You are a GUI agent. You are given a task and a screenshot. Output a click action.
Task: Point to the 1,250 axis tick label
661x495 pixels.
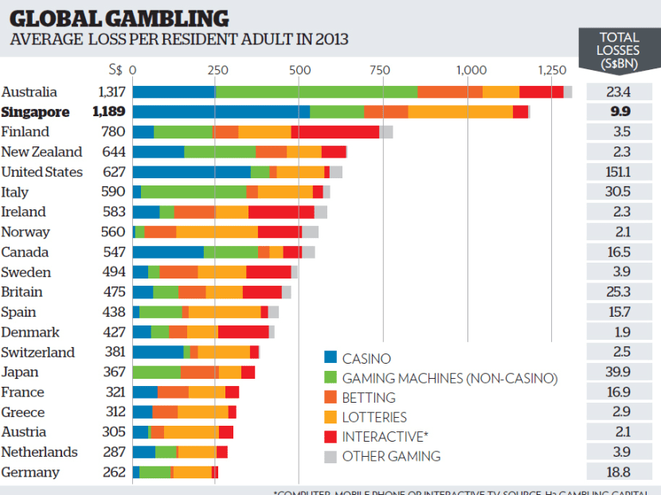pos(550,70)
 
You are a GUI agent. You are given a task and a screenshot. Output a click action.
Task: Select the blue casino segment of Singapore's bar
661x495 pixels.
pos(221,111)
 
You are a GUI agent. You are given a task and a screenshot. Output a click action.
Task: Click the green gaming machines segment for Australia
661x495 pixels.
pos(316,92)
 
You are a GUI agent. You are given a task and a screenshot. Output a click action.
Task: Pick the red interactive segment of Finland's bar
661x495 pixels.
pos(334,132)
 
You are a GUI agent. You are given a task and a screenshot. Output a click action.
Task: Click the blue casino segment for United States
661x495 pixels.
pos(191,172)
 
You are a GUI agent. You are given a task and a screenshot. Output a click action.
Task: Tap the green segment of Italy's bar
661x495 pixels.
pos(194,192)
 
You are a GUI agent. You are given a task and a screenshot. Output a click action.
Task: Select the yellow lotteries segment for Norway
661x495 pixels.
pos(217,232)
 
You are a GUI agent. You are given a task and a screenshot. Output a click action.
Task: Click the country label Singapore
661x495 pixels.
pos(36,111)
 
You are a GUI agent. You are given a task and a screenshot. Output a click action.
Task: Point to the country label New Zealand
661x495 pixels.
pos(41,152)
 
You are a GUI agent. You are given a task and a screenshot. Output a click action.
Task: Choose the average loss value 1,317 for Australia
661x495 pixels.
pos(111,92)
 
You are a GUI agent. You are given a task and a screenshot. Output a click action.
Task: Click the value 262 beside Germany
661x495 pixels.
pos(114,473)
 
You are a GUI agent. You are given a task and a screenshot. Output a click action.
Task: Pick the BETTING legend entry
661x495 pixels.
pos(368,398)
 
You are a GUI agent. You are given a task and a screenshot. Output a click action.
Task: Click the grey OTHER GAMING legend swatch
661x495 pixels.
pos(330,457)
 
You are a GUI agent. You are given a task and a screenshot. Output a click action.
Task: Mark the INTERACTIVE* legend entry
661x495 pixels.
pos(377,437)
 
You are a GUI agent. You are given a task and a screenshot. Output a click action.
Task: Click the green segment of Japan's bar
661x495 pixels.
pos(156,372)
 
